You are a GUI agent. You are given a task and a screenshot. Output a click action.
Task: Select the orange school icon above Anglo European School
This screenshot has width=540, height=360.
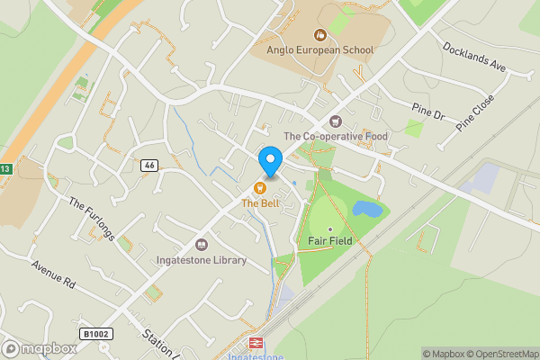319,36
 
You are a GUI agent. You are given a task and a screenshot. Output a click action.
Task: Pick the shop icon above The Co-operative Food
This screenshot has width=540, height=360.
336,121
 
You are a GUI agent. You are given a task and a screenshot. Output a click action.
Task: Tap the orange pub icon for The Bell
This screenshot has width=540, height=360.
259,188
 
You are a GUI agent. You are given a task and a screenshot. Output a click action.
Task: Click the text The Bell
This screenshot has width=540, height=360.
259,203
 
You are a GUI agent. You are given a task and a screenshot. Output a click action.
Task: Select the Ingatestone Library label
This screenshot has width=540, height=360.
202,260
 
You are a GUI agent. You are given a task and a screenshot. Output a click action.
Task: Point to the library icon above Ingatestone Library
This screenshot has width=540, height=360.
202,244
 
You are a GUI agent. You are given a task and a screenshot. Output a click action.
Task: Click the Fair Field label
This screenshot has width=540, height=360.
329,241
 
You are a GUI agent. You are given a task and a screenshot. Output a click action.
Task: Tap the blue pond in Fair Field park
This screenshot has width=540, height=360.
366,210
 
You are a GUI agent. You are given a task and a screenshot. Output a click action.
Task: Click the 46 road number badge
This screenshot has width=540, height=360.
149,166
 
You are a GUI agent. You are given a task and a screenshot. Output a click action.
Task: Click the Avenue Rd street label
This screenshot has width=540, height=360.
51,279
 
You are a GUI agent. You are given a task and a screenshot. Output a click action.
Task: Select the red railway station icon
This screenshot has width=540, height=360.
255,343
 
